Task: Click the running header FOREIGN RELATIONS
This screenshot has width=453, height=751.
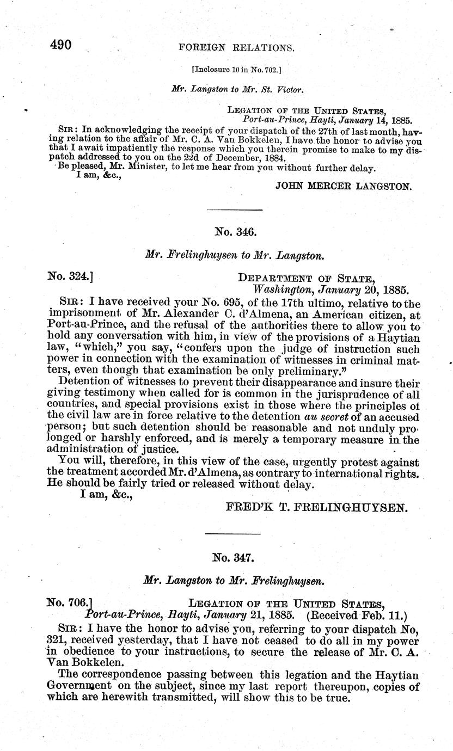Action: (236, 48)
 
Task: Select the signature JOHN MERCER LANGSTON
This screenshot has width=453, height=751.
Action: (344, 186)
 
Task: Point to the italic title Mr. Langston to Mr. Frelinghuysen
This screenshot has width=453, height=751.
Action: (235, 581)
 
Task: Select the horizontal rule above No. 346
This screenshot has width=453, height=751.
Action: (235, 210)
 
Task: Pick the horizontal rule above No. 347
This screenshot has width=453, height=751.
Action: (235, 535)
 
